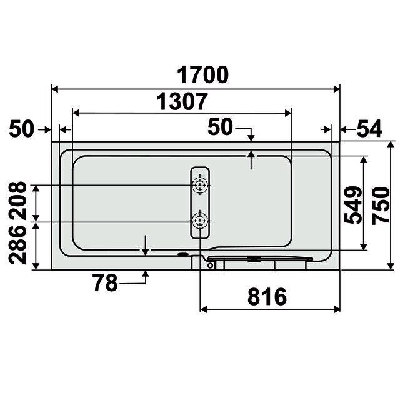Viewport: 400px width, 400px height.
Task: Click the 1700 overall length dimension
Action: tap(202, 75)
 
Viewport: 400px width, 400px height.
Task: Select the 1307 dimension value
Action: tap(182, 101)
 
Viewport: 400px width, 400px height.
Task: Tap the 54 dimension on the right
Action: tap(369, 129)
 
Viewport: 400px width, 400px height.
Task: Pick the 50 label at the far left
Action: tap(21, 129)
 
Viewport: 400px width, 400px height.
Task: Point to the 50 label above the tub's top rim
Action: tap(221, 126)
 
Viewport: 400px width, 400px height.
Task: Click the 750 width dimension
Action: tap(381, 206)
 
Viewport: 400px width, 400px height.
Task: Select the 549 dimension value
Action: tap(352, 205)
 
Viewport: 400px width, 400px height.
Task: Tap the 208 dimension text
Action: tap(17, 201)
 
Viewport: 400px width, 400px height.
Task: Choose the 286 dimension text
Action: tap(17, 244)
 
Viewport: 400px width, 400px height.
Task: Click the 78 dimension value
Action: tap(105, 283)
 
